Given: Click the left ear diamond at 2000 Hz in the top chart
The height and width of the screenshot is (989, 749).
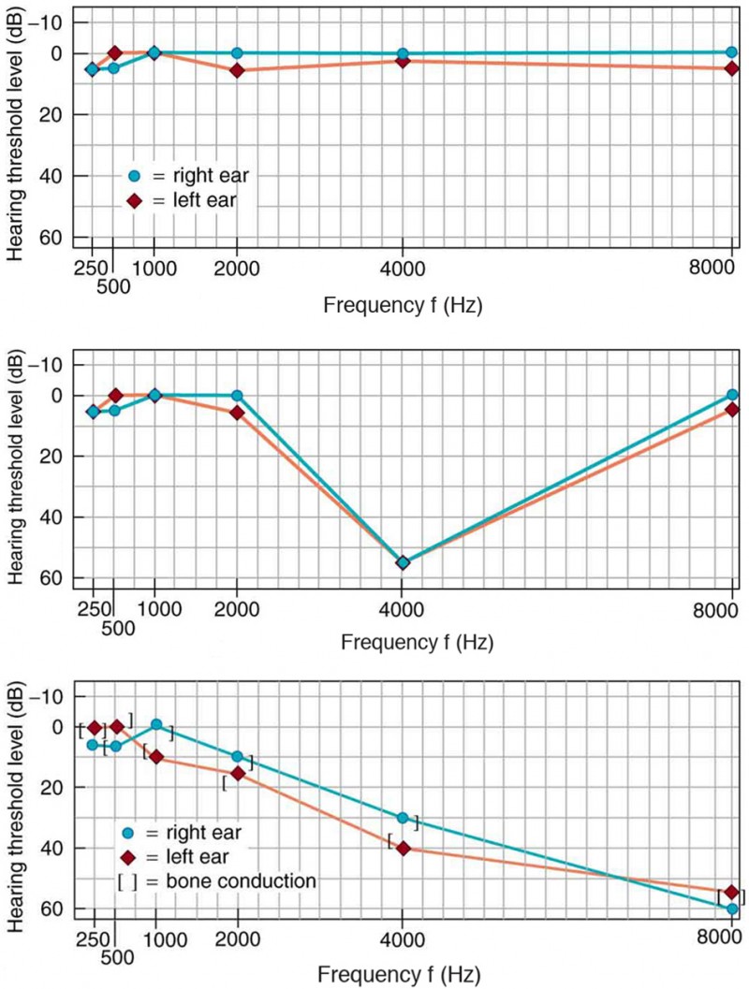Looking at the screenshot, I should coord(237,70).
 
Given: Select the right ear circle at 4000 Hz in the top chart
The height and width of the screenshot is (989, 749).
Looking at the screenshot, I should coord(403,54).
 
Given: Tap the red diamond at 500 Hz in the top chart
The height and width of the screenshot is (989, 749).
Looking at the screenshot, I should coord(114,52).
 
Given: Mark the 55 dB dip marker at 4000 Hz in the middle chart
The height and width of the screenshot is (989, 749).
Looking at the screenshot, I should coord(403,562).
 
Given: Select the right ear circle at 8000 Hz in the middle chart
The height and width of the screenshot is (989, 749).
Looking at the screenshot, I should coord(731,395).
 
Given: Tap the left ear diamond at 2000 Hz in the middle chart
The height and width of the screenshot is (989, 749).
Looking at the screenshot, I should coord(237,413).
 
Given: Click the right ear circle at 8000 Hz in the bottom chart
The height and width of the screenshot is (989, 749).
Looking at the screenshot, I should coord(731,909).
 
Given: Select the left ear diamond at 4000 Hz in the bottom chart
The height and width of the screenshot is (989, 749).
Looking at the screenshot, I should coord(403,848).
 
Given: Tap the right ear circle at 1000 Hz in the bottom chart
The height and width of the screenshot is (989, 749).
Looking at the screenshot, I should coord(156,725).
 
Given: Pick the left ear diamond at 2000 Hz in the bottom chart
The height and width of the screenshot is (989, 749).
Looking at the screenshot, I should coord(237,773).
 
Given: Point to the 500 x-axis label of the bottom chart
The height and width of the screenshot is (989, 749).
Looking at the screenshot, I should coord(116,962).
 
